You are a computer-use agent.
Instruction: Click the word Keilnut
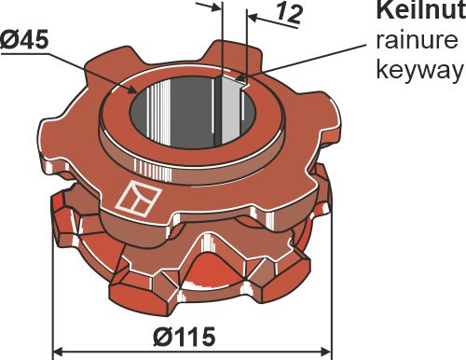418,12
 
